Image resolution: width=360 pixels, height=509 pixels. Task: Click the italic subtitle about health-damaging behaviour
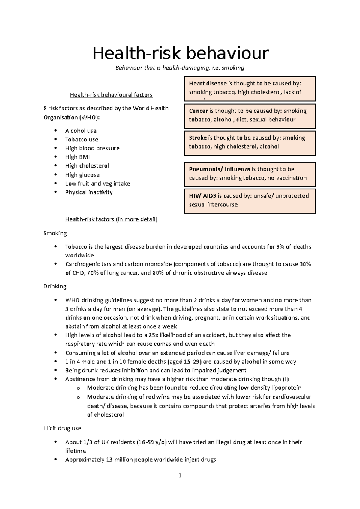pos(180,68)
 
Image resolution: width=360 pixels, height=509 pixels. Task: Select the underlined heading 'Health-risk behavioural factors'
pos(111,95)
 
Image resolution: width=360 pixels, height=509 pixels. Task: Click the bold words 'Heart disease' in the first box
pos(208,84)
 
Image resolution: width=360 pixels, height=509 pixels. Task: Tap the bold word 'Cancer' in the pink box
pos(198,111)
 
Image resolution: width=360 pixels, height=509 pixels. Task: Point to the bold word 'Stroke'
pos(198,138)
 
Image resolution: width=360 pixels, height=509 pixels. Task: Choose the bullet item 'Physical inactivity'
pos(89,192)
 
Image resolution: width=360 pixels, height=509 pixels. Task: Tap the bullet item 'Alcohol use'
pos(81,131)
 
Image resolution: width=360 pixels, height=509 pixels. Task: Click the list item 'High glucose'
pos(82,175)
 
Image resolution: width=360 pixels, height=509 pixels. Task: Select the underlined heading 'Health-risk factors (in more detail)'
pos(111,219)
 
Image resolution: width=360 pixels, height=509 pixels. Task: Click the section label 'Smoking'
pos(55,233)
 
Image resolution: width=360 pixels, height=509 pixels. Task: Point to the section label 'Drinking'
pos(55,286)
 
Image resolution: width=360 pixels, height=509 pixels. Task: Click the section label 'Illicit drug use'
pos(62,428)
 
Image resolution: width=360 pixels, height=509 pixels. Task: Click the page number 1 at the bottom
pos(180,475)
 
